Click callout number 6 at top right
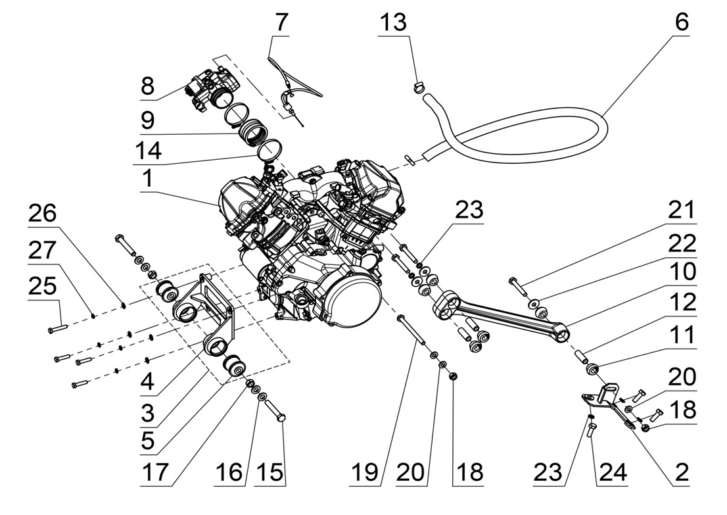(x=681, y=22)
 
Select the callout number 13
(x=394, y=22)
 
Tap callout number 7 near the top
(x=281, y=22)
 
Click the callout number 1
(x=148, y=178)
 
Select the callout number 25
(x=42, y=287)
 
